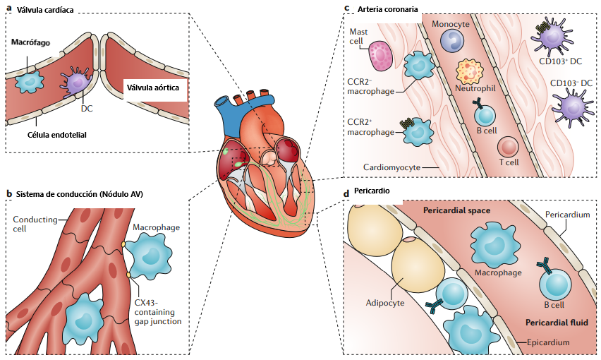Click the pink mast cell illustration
point(382,56)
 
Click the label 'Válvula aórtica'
point(152,89)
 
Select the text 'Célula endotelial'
point(57,133)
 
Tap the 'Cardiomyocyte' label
point(392,167)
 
